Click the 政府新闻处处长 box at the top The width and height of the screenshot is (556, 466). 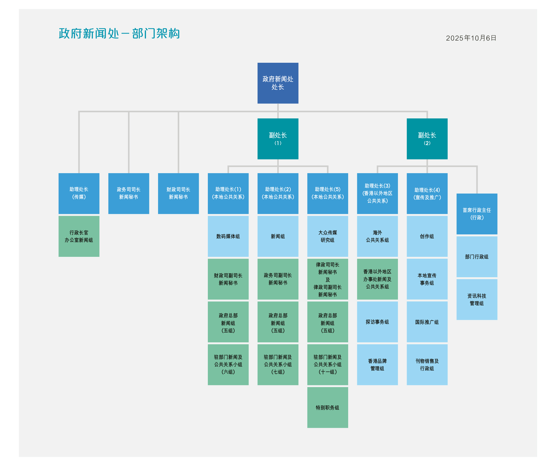pyautogui.click(x=278, y=83)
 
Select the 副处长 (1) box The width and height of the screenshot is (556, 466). pyautogui.click(x=278, y=138)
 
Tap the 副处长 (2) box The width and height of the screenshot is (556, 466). pyautogui.click(x=427, y=138)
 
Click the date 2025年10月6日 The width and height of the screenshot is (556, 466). pyautogui.click(x=471, y=38)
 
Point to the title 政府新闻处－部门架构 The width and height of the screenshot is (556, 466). pyautogui.click(x=119, y=34)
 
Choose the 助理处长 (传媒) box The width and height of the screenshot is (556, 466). pyautogui.click(x=79, y=193)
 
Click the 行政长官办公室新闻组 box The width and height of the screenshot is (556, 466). pyautogui.click(x=79, y=236)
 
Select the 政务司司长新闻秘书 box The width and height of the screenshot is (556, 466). pyautogui.click(x=129, y=193)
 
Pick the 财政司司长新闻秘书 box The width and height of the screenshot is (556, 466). pyautogui.click(x=178, y=193)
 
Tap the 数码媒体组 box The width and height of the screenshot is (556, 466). pyautogui.click(x=228, y=236)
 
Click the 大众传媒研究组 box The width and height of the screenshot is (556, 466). pyautogui.click(x=328, y=236)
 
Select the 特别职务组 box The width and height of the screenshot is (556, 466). pyautogui.click(x=328, y=407)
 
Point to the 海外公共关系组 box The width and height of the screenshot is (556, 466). pyautogui.click(x=377, y=236)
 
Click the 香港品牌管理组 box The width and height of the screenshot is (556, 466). pyautogui.click(x=377, y=365)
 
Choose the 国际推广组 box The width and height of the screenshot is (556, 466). pyautogui.click(x=427, y=322)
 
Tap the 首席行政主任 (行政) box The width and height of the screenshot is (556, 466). pyautogui.click(x=477, y=214)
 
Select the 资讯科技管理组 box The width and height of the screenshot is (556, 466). pyautogui.click(x=477, y=299)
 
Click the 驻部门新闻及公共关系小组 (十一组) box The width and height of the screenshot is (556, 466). pyautogui.click(x=328, y=365)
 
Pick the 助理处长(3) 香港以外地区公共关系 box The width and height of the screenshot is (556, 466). pyautogui.click(x=377, y=193)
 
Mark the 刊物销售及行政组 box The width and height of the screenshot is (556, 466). pyautogui.click(x=427, y=365)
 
